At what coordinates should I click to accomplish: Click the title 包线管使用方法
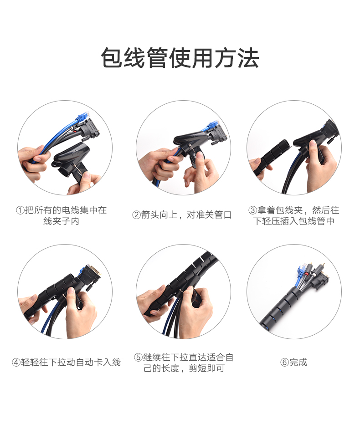(180, 58)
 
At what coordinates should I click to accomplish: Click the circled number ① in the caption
(20, 210)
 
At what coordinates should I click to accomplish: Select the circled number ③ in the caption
(252, 210)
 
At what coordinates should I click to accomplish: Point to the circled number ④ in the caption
(16, 363)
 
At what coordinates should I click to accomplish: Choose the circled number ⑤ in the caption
(138, 358)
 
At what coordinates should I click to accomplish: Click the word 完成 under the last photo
(298, 363)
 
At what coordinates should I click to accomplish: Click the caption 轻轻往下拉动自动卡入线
(71, 363)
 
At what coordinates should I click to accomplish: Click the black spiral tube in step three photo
(273, 154)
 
